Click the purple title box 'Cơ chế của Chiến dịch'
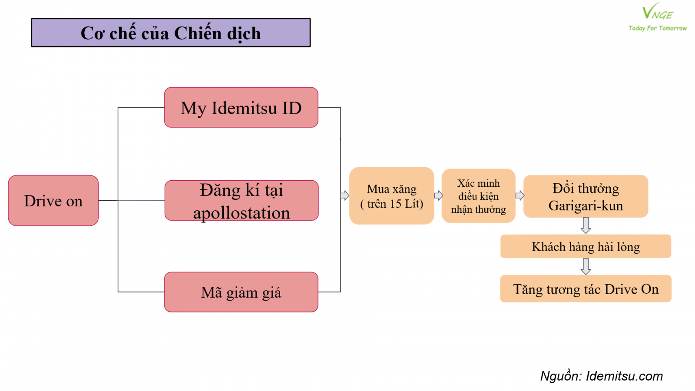click(171, 33)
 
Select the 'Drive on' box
click(53, 200)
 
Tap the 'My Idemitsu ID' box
click(241, 107)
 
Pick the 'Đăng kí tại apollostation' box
click(242, 200)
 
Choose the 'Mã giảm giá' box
click(241, 292)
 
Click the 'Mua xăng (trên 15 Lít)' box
click(391, 196)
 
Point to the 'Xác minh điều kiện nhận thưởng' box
click(478, 196)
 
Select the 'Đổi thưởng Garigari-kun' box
click(586, 196)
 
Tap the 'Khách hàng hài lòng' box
click(586, 246)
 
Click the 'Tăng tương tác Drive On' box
click(586, 288)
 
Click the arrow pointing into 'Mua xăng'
click(345, 195)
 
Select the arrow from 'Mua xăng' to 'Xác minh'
click(438, 195)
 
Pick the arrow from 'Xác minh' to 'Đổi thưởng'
click(520, 195)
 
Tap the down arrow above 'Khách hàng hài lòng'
click(586, 225)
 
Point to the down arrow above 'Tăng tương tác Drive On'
click(586, 267)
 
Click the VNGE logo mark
click(657, 11)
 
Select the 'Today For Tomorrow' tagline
click(658, 28)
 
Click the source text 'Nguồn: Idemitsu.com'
click(602, 376)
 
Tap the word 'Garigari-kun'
click(586, 206)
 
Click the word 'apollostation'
click(242, 213)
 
